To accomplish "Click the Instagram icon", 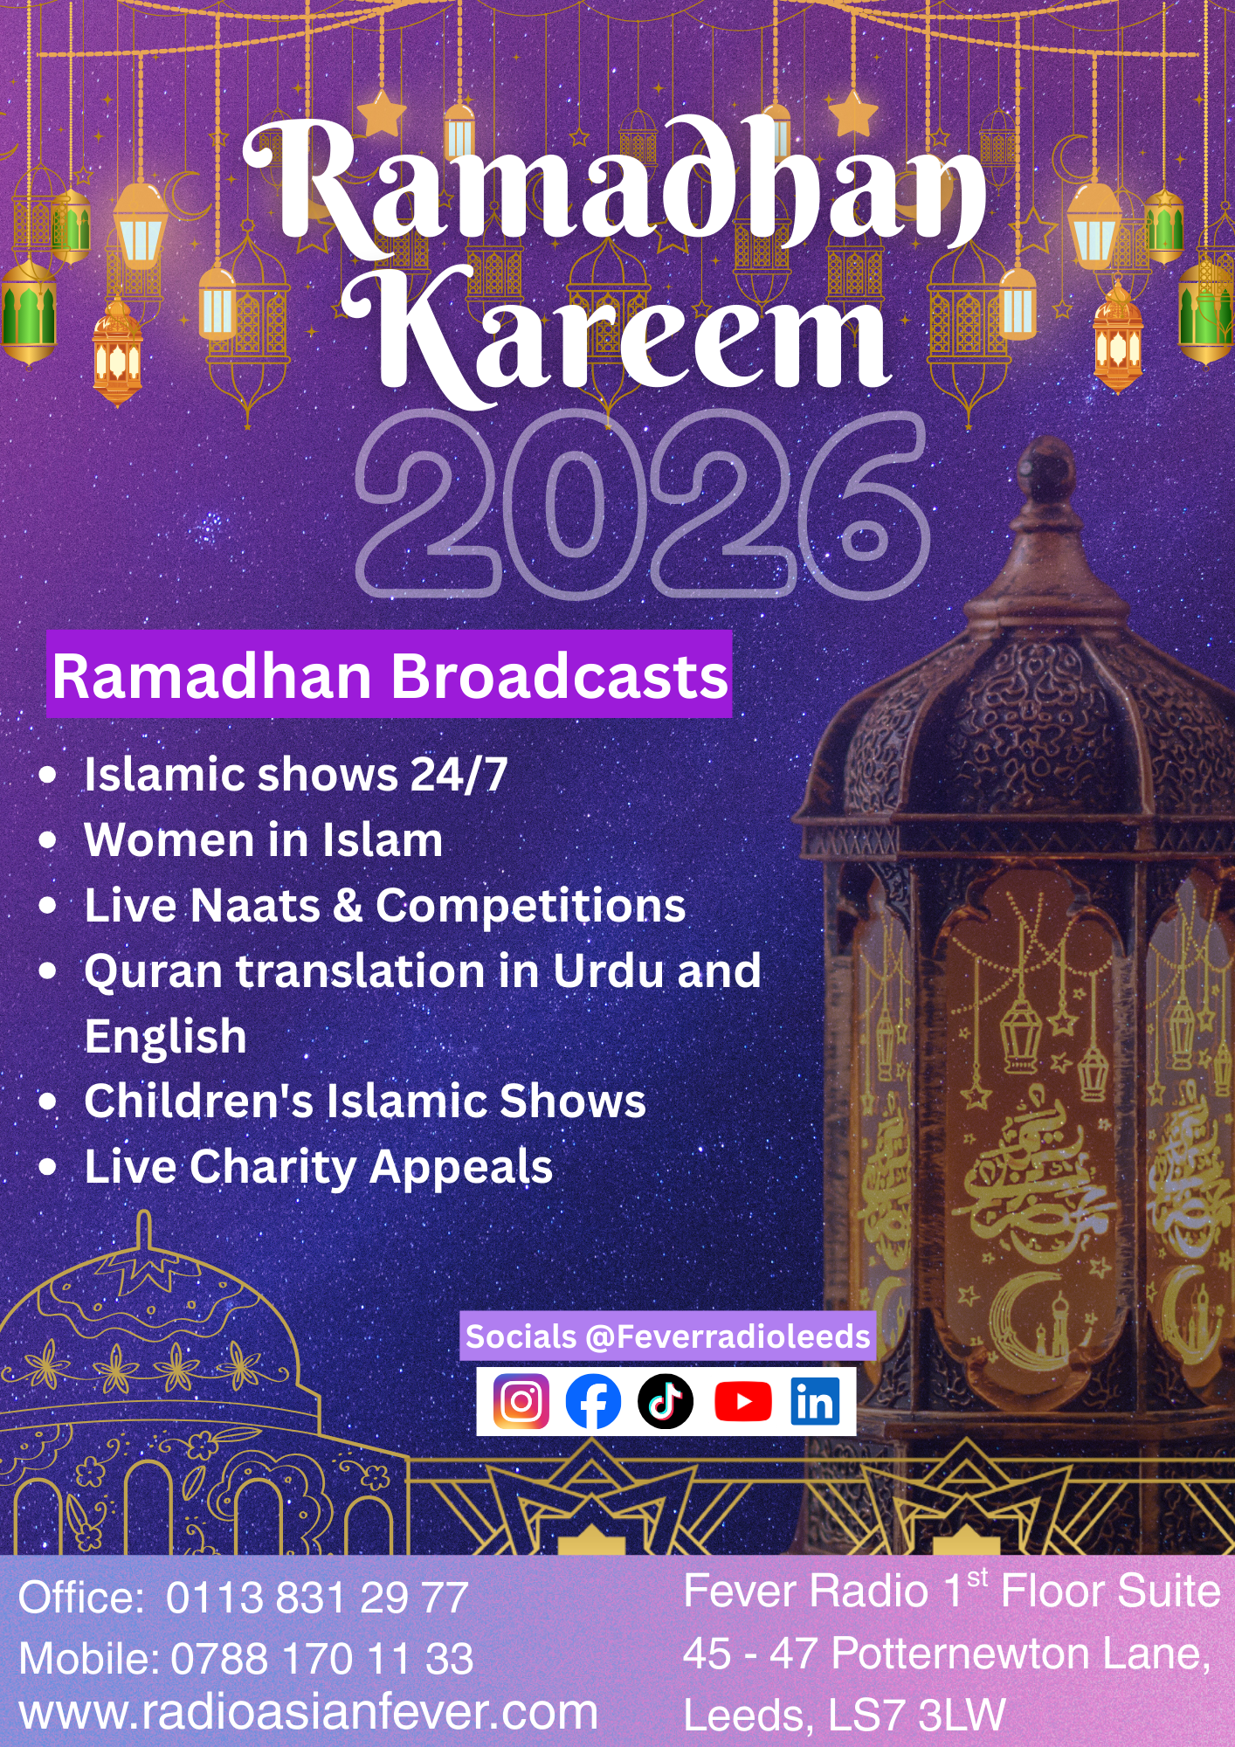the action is pos(521,1401).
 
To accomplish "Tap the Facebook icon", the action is pos(593,1401).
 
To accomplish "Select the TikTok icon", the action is pos(666,1401).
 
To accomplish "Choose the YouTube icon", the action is pos(743,1402).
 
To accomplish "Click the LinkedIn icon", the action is pos(816,1401).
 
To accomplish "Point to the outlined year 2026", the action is pos(643,505).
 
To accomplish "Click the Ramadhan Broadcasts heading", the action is pos(390,676).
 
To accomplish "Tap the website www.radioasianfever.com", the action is pos(308,1713).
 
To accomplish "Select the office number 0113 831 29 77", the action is pos(317,1598).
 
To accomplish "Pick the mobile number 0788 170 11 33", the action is pos(321,1658).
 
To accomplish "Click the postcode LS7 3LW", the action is pos(917,1716).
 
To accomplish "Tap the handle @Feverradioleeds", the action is pos(728,1336).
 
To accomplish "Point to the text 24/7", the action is pos(459,774).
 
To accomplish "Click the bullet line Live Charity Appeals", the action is pos(319,1167).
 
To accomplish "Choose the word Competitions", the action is pos(531,906).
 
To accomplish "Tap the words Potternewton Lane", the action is pos(1021,1654).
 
